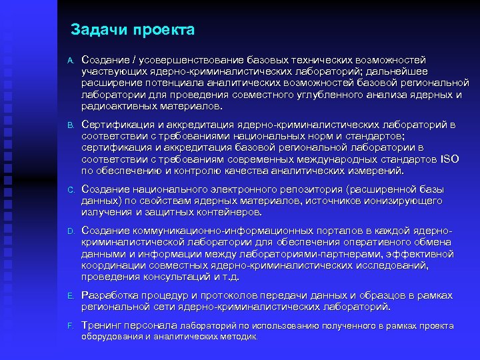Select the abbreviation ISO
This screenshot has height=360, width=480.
(x=450, y=159)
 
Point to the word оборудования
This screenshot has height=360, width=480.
(x=112, y=337)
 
